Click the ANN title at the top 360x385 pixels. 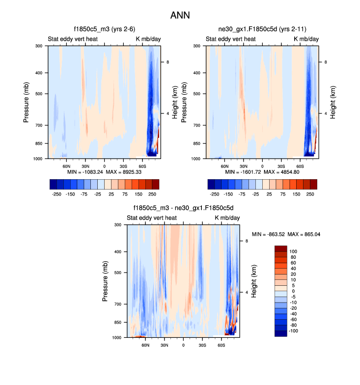pyautogui.click(x=180, y=15)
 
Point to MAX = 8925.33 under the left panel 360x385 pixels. pyautogui.click(x=125, y=172)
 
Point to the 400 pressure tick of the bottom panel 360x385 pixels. pyautogui.click(x=118, y=252)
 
